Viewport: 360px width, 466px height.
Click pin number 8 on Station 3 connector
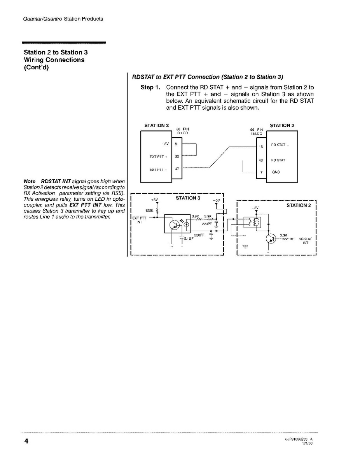[x=176, y=144]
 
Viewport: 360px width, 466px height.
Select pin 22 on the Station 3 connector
[x=177, y=156]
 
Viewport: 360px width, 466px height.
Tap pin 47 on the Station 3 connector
[x=177, y=169]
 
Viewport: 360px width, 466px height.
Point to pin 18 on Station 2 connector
[x=261, y=147]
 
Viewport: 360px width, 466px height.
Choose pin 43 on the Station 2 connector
[x=261, y=160]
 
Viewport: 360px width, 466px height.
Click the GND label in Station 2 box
[x=276, y=172]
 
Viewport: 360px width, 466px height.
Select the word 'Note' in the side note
[x=30, y=182]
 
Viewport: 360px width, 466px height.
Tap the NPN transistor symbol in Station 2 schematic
[x=271, y=239]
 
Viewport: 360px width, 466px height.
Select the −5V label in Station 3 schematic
[x=217, y=200]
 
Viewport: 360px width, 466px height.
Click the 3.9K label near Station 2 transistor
[x=283, y=235]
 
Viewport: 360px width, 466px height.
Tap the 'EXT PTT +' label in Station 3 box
[x=158, y=157]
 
